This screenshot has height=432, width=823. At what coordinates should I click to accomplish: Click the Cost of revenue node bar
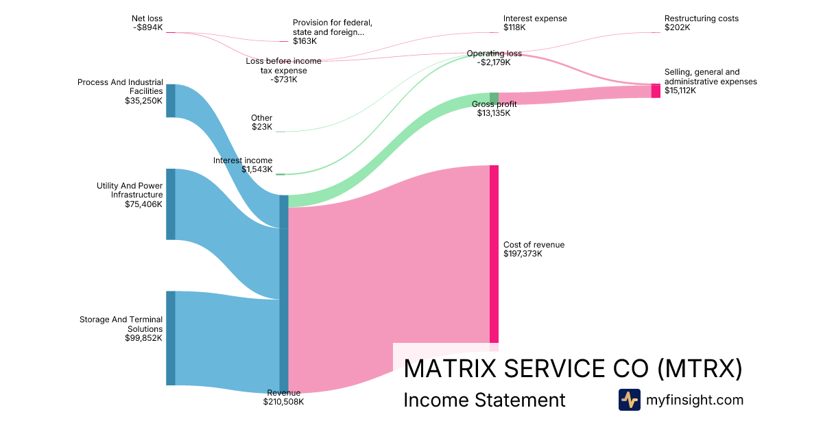[x=494, y=254]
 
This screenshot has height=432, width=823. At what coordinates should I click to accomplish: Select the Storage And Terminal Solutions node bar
[x=171, y=338]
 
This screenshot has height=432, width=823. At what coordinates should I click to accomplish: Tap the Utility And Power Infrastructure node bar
[x=171, y=204]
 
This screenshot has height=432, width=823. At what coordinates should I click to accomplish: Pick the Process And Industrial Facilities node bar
[x=171, y=101]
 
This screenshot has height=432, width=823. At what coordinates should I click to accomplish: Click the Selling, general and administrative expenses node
[x=656, y=91]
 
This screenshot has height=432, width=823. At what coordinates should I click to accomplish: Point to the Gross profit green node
[x=494, y=97]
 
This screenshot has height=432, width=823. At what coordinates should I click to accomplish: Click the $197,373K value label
[x=523, y=254]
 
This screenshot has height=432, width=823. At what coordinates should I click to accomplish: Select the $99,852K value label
[x=143, y=338]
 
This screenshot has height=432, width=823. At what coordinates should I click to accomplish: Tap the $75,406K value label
[x=143, y=204]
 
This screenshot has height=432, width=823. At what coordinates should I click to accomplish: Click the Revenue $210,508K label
[x=283, y=397]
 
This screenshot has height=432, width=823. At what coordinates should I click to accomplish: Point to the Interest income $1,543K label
[x=243, y=165]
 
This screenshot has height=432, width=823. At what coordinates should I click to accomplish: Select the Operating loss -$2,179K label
[x=494, y=58]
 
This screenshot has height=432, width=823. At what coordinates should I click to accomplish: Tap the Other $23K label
[x=261, y=122]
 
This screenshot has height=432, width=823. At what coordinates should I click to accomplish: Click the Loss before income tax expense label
[x=283, y=66]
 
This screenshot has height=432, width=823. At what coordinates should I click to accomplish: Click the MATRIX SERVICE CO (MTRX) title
[x=573, y=369]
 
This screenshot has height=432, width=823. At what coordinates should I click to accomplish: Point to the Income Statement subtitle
[x=484, y=400]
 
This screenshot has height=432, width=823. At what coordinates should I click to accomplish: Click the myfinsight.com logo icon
[x=629, y=400]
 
